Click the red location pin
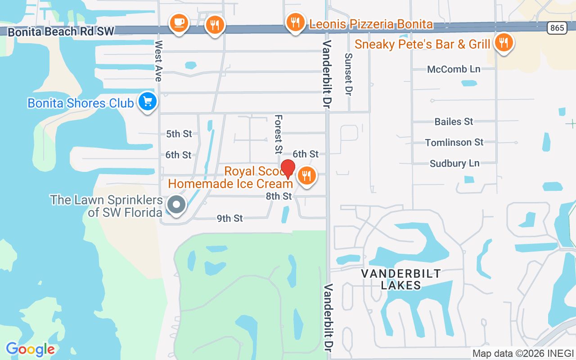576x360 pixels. tap(288, 169)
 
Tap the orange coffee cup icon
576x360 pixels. tap(179, 22)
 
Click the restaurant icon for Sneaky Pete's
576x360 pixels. tap(504, 43)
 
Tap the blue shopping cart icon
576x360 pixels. tap(147, 102)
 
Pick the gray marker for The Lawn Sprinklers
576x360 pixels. tap(176, 205)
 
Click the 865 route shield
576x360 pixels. tap(557, 28)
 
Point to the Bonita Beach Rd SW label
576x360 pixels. tap(61, 31)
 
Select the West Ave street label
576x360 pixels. tap(158, 61)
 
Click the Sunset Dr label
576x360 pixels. tap(348, 74)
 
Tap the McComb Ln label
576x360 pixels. tap(454, 69)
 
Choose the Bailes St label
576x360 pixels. tap(454, 121)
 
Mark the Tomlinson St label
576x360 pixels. tap(454, 142)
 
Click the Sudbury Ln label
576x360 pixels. tap(454, 163)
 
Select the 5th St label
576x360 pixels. tap(179, 134)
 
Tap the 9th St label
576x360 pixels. tap(229, 218)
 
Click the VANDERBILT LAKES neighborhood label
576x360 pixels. tap(401, 279)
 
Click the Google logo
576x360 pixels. tap(30, 349)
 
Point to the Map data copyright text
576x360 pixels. tap(523, 353)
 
